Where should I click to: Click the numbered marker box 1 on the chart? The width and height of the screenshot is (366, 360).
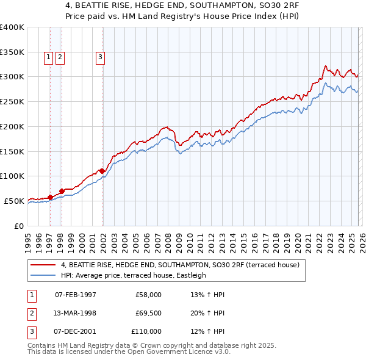(x=48, y=58)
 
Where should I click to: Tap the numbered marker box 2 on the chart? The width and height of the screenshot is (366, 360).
(x=60, y=58)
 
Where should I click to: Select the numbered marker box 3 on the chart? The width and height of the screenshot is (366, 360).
(x=100, y=58)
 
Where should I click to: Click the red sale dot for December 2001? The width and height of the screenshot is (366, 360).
(x=102, y=170)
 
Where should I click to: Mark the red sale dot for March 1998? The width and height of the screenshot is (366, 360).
(x=62, y=191)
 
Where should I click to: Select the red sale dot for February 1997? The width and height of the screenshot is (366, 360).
(x=50, y=196)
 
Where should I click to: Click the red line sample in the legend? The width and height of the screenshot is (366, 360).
(x=43, y=265)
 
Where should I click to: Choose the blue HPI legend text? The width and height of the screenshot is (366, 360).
(x=134, y=275)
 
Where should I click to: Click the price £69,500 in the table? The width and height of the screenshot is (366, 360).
(x=146, y=313)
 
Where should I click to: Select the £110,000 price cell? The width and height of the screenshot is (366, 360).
(x=146, y=331)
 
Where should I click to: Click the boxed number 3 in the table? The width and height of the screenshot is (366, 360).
(x=30, y=331)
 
